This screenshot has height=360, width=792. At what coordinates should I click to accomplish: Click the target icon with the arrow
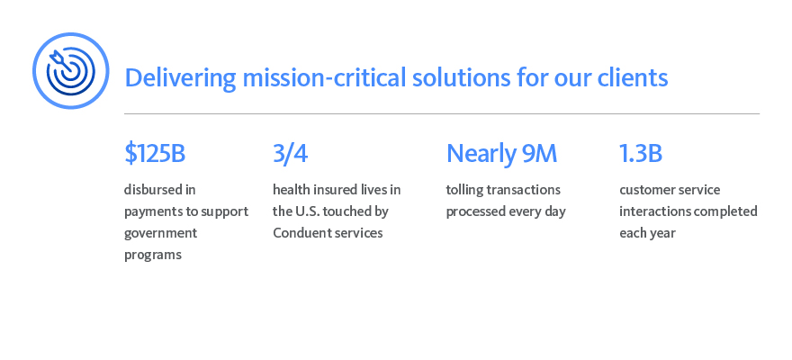(70, 70)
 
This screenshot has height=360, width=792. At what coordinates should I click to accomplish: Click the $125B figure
(155, 154)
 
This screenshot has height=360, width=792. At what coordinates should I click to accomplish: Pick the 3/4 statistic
(290, 154)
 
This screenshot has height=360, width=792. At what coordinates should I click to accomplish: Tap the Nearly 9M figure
(501, 154)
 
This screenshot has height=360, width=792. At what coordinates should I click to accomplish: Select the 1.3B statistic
(641, 154)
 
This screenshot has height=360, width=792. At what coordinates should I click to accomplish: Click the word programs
(153, 255)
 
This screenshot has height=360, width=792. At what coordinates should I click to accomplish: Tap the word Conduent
(301, 233)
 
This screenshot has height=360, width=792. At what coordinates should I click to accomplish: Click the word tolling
(465, 190)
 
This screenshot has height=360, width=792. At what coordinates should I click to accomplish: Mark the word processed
(477, 211)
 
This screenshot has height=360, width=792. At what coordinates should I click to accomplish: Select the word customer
(645, 190)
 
